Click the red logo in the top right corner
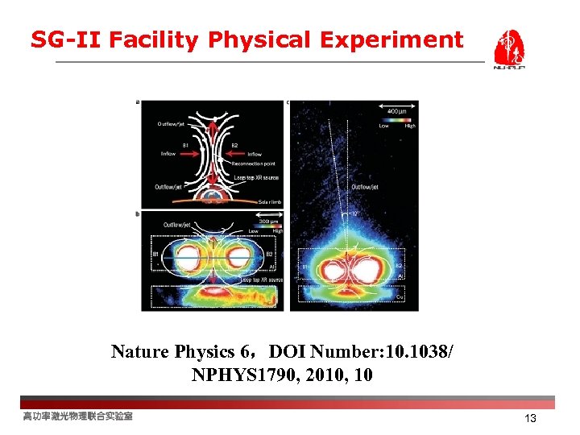click(x=509, y=49)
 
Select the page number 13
click(x=530, y=419)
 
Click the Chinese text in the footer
click(x=77, y=416)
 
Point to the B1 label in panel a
click(x=185, y=145)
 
